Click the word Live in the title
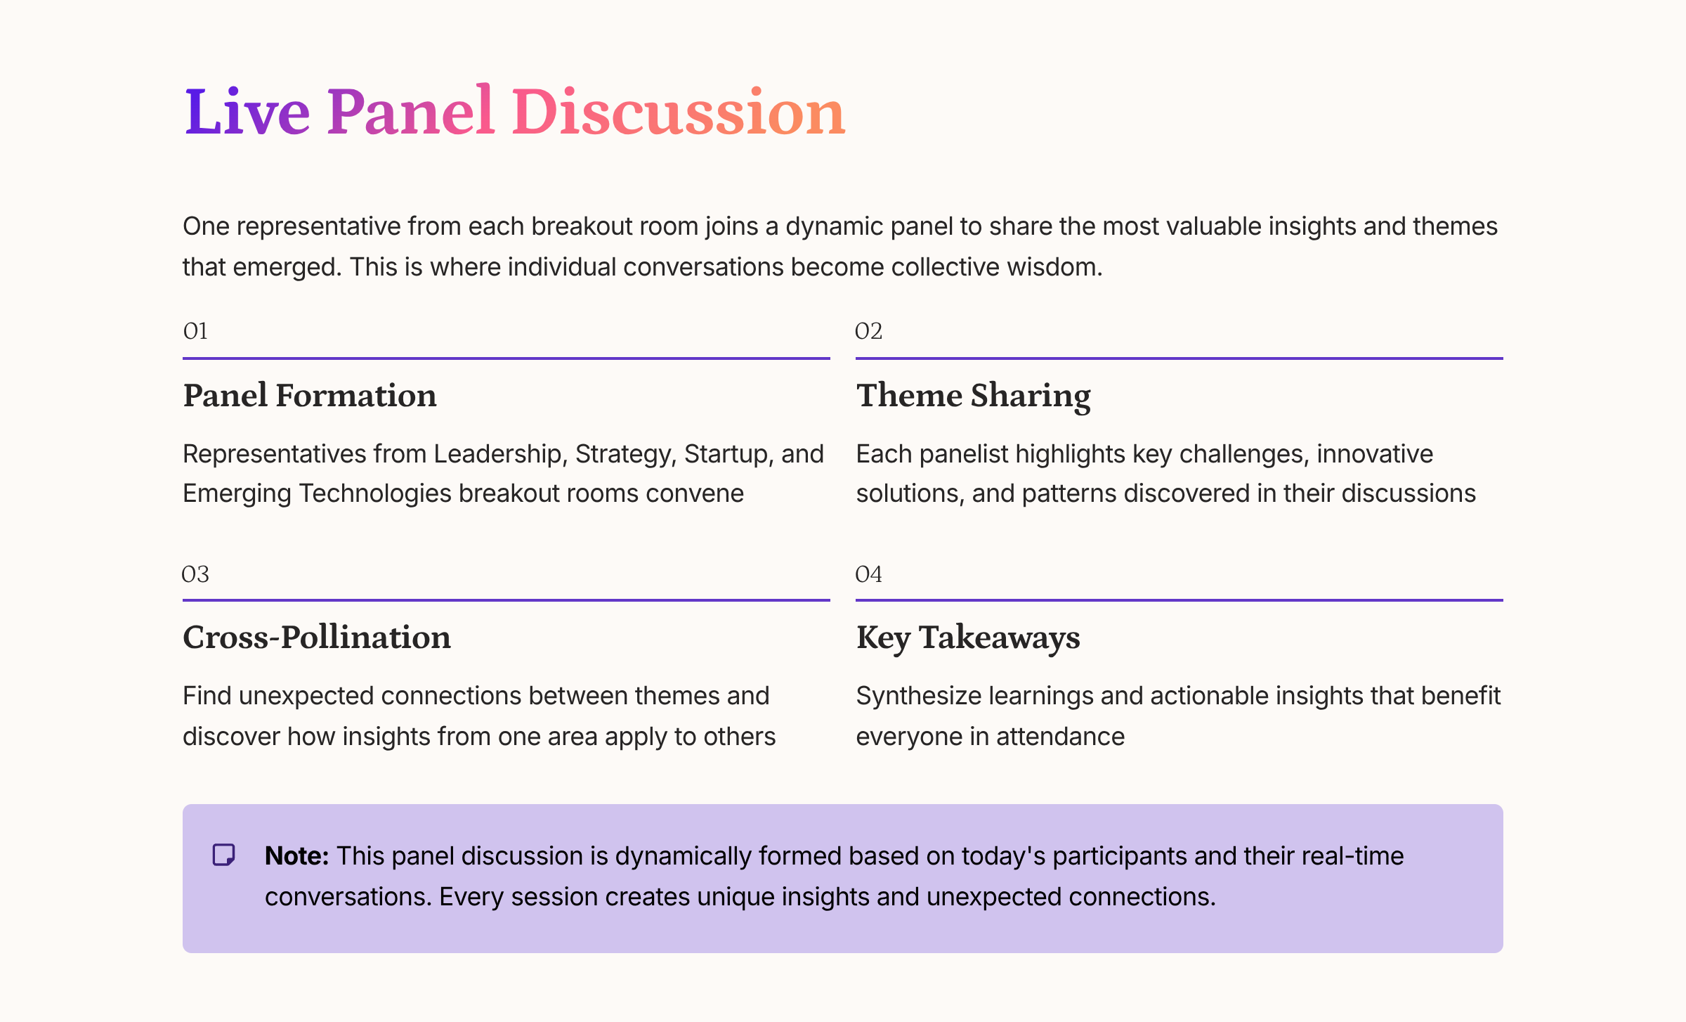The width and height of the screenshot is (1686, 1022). click(x=247, y=112)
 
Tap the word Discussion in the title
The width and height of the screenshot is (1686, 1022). click(x=678, y=112)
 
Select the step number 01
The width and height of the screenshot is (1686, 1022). click(x=195, y=331)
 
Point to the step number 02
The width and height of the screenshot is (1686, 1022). click(x=868, y=331)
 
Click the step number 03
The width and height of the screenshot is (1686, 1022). click(x=195, y=574)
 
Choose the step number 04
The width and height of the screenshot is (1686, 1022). click(x=868, y=574)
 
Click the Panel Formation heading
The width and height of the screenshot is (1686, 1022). click(x=310, y=396)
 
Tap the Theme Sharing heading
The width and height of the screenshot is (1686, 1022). click(x=973, y=396)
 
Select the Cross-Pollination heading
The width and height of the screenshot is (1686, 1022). click(x=317, y=638)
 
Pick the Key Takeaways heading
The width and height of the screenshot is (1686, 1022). click(x=968, y=638)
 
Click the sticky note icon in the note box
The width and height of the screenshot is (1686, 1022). click(x=224, y=855)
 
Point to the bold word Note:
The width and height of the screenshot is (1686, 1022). click(x=296, y=856)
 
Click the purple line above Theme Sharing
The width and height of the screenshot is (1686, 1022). click(x=1179, y=358)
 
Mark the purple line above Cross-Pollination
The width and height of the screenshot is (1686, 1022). click(x=506, y=600)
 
